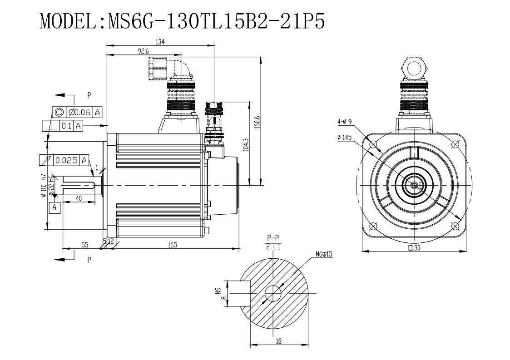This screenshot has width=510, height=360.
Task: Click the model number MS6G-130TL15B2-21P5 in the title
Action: [x=216, y=22]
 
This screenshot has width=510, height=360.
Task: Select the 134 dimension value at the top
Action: [x=160, y=42]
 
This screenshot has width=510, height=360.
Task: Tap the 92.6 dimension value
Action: [x=143, y=51]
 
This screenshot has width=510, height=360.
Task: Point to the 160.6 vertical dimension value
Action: [x=257, y=122]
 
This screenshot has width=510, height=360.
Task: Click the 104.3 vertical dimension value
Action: [x=245, y=144]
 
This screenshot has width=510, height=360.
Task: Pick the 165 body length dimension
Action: [x=173, y=245]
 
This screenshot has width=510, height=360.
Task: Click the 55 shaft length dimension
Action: [x=84, y=245]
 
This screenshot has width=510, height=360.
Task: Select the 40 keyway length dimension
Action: [x=79, y=198]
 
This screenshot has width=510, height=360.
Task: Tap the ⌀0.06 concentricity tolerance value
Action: [x=79, y=112]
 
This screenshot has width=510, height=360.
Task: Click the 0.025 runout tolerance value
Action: [x=66, y=160]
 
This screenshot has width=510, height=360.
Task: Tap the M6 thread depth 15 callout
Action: [x=324, y=254]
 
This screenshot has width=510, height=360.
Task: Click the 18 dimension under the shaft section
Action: [x=279, y=340]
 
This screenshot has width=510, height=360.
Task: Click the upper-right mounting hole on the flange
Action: [x=455, y=144]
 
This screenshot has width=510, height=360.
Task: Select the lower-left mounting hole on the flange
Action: [x=373, y=226]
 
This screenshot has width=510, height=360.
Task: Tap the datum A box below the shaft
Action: [x=54, y=207]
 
